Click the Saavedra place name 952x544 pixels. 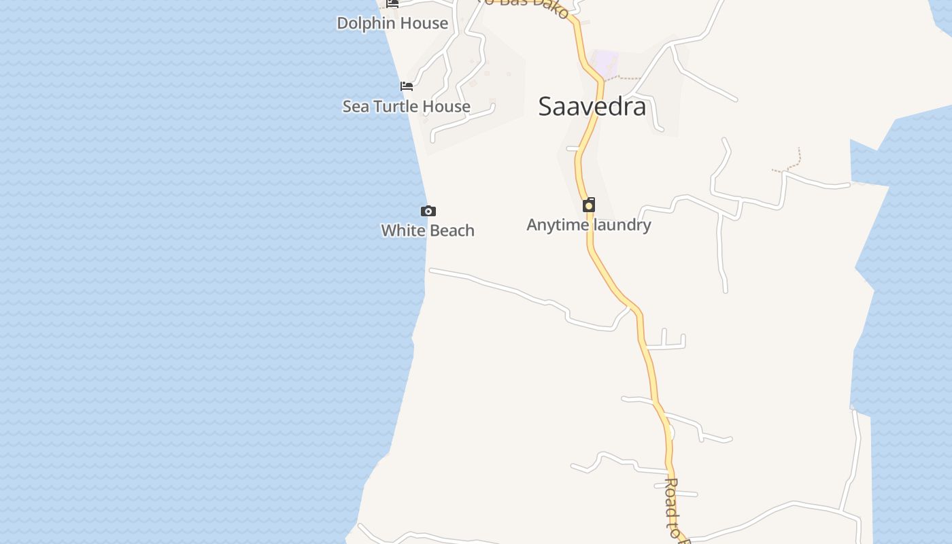(592, 107)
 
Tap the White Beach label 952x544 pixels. (427, 231)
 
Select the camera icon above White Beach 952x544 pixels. (428, 211)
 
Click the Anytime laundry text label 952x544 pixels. (589, 224)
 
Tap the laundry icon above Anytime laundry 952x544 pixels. (589, 205)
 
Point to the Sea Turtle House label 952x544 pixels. (406, 106)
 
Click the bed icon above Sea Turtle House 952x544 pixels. (407, 86)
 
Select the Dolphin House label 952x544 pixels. (392, 23)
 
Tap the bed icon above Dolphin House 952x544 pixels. (392, 3)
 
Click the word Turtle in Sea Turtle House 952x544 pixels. (397, 106)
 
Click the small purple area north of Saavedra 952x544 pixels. (605, 62)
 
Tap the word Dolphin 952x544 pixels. (366, 23)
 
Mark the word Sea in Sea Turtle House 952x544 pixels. (355, 106)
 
